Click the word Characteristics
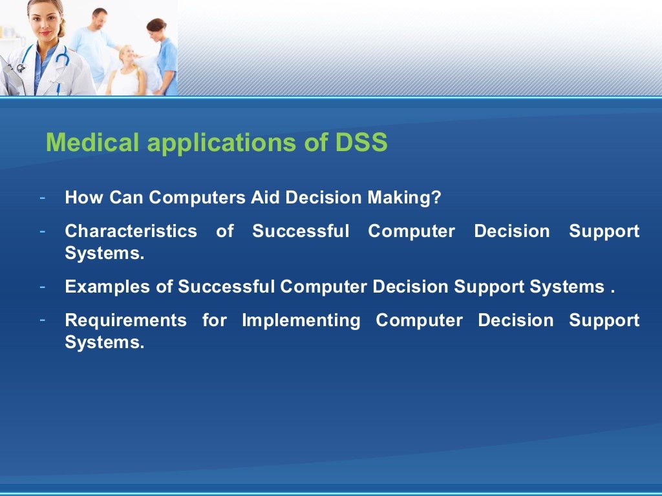point(131,231)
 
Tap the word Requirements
point(125,320)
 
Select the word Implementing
point(301,320)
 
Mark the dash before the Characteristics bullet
point(42,230)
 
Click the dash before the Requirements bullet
point(42,319)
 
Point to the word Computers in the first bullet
point(197,198)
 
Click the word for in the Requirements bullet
point(214,320)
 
